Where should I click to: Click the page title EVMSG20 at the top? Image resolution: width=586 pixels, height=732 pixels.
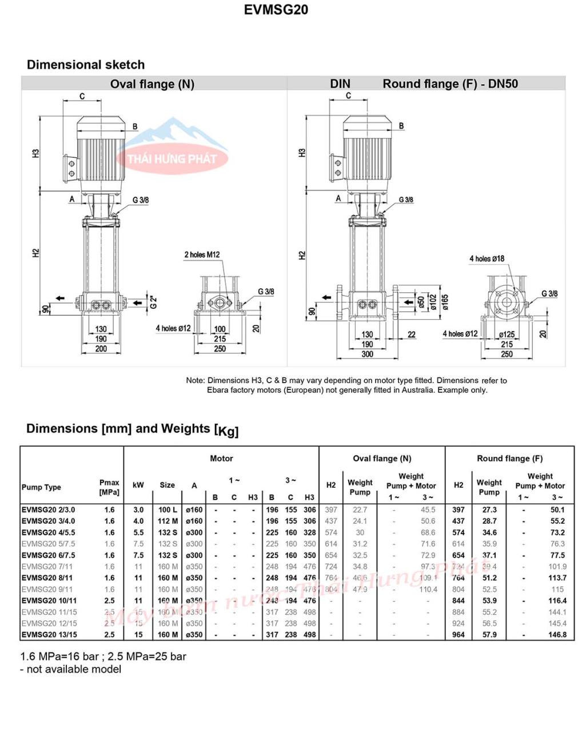[276, 10]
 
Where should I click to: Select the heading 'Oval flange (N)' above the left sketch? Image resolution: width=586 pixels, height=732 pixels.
[152, 84]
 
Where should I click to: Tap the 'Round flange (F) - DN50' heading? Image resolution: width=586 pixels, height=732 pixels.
[450, 83]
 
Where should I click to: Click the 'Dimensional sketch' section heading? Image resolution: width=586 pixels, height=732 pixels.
[86, 65]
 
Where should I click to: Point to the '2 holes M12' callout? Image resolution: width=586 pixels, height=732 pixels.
[202, 254]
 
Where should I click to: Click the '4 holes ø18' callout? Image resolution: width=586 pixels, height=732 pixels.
[487, 258]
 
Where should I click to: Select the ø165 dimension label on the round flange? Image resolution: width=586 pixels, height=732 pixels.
[445, 301]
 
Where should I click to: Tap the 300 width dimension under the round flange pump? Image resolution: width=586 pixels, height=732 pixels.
[367, 354]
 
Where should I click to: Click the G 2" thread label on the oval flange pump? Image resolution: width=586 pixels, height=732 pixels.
[153, 302]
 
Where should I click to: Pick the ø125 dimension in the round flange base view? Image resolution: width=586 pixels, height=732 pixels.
[507, 335]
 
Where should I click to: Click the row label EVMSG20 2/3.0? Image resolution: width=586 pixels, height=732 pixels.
[48, 510]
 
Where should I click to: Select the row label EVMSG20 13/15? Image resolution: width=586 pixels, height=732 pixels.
[49, 635]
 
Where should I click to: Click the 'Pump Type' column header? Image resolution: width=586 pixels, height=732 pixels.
[41, 487]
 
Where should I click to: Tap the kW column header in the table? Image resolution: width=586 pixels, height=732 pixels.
[138, 485]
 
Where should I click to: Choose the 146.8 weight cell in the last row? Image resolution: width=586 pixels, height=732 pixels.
[557, 635]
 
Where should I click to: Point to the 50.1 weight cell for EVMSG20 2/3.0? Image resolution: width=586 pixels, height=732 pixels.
[557, 510]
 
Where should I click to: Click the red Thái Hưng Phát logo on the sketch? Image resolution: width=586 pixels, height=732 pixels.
[172, 157]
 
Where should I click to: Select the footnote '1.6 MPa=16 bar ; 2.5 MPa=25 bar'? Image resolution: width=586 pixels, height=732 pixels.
[103, 657]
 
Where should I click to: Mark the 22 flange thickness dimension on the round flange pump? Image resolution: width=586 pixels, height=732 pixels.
[412, 335]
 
